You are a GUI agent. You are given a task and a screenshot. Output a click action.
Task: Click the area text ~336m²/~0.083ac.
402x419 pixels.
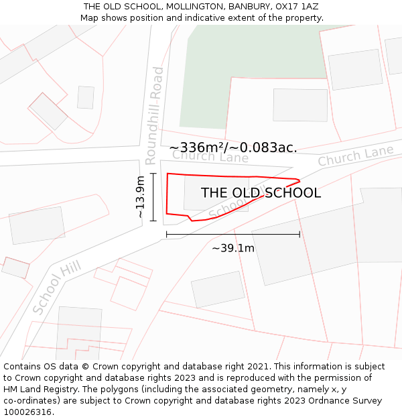[x=233, y=147]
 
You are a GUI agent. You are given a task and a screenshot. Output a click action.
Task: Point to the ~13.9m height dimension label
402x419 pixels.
[x=140, y=197]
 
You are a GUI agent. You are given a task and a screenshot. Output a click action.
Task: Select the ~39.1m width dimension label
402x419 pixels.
[x=233, y=248]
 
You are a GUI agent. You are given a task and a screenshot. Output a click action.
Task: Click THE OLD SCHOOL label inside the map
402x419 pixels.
[x=261, y=193]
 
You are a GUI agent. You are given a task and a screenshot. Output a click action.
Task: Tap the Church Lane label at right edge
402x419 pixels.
[x=355, y=156]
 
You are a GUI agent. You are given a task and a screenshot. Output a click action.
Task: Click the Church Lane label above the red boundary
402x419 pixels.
[x=210, y=157]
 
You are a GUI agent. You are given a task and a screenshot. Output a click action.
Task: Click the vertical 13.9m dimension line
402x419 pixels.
[x=153, y=197]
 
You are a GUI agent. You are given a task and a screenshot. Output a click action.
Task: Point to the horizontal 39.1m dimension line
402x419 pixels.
[x=233, y=235]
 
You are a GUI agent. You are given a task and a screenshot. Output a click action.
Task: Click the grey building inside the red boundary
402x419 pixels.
[x=201, y=191]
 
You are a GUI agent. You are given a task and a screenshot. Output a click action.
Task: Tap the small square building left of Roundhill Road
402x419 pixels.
[x=86, y=97]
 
